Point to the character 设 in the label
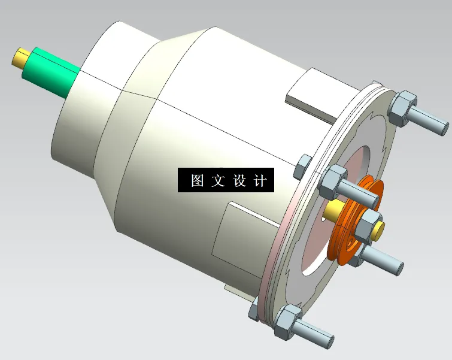pos(239,180)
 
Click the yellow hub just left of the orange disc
pos(331,211)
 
